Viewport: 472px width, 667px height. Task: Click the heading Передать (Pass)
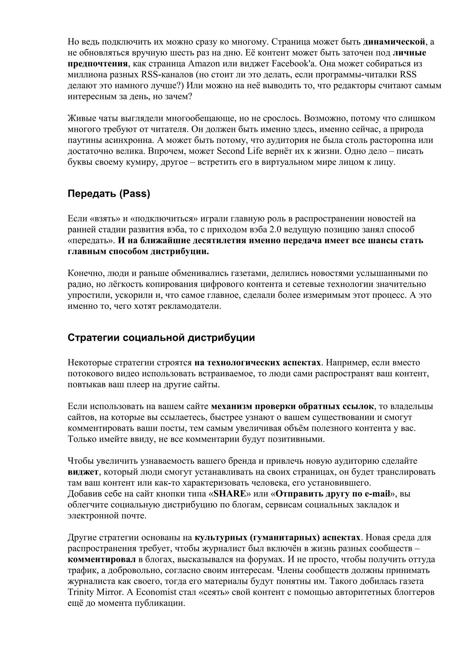coord(109,194)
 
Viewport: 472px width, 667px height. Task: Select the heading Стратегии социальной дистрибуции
coord(161,338)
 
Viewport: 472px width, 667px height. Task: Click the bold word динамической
coord(394,42)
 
